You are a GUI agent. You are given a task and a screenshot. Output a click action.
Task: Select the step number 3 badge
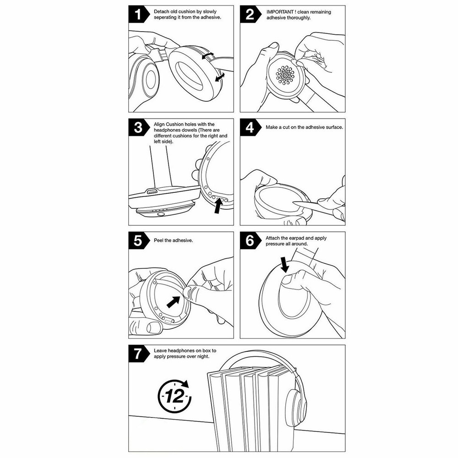coord(137,127)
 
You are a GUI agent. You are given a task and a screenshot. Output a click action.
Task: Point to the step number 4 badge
coord(250,127)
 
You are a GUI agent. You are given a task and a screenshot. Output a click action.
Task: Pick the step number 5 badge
coord(137,240)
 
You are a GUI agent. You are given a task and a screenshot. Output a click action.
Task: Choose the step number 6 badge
coord(250,240)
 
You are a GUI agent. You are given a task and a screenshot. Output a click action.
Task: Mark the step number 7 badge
coord(137,354)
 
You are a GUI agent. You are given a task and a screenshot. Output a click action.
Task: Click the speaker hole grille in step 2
coord(285,74)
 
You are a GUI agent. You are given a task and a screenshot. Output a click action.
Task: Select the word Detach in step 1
coord(161,11)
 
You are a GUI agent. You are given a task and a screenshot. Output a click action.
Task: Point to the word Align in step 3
coord(159,124)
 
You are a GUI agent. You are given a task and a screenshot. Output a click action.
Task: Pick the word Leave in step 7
coord(161,350)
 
